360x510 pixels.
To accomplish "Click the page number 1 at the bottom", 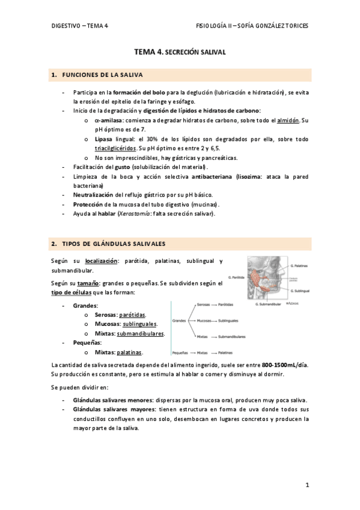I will click(x=307, y=484).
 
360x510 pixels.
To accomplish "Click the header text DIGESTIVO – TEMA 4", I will click(x=79, y=26).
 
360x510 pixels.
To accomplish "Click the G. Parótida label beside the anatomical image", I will click(x=239, y=277).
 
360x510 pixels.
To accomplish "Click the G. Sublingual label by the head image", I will click(x=299, y=290).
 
